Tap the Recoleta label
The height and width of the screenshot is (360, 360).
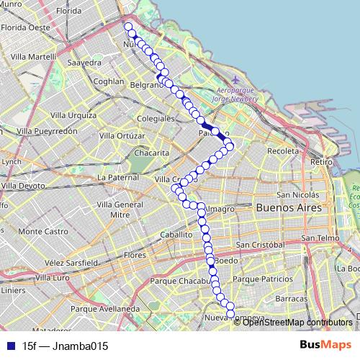coord(282,151)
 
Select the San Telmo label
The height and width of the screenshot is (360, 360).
coord(320,238)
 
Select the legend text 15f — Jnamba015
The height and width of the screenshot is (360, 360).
coord(66,346)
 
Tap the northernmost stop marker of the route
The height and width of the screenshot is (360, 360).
coord(129,27)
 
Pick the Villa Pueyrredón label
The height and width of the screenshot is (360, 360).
coord(47,132)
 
